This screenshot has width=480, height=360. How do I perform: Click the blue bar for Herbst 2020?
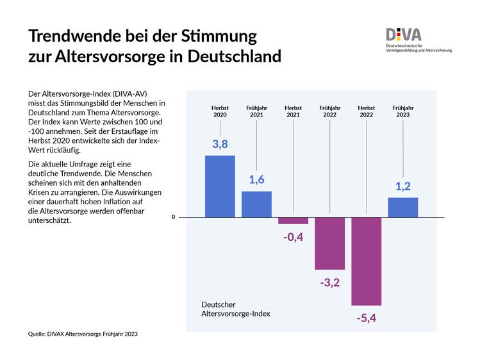[220, 186]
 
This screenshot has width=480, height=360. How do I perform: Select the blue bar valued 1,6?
[256, 204]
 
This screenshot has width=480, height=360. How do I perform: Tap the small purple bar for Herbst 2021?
[293, 220]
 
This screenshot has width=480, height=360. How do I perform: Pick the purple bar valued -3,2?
[329, 243]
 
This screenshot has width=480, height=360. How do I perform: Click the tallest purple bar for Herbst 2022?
[366, 261]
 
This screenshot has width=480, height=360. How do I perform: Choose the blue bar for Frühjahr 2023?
[402, 207]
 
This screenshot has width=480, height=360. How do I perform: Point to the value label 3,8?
[220, 144]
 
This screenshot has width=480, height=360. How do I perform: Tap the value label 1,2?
[402, 186]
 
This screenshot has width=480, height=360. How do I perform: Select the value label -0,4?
[293, 236]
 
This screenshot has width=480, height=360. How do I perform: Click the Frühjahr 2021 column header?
[256, 111]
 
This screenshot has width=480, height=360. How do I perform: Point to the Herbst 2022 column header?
[366, 111]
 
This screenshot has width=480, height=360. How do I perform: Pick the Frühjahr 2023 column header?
[402, 111]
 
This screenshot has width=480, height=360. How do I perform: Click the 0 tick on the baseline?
[173, 217]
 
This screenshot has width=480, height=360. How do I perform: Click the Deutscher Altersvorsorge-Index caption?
[235, 309]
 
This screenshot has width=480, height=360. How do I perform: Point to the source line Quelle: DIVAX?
[83, 334]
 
